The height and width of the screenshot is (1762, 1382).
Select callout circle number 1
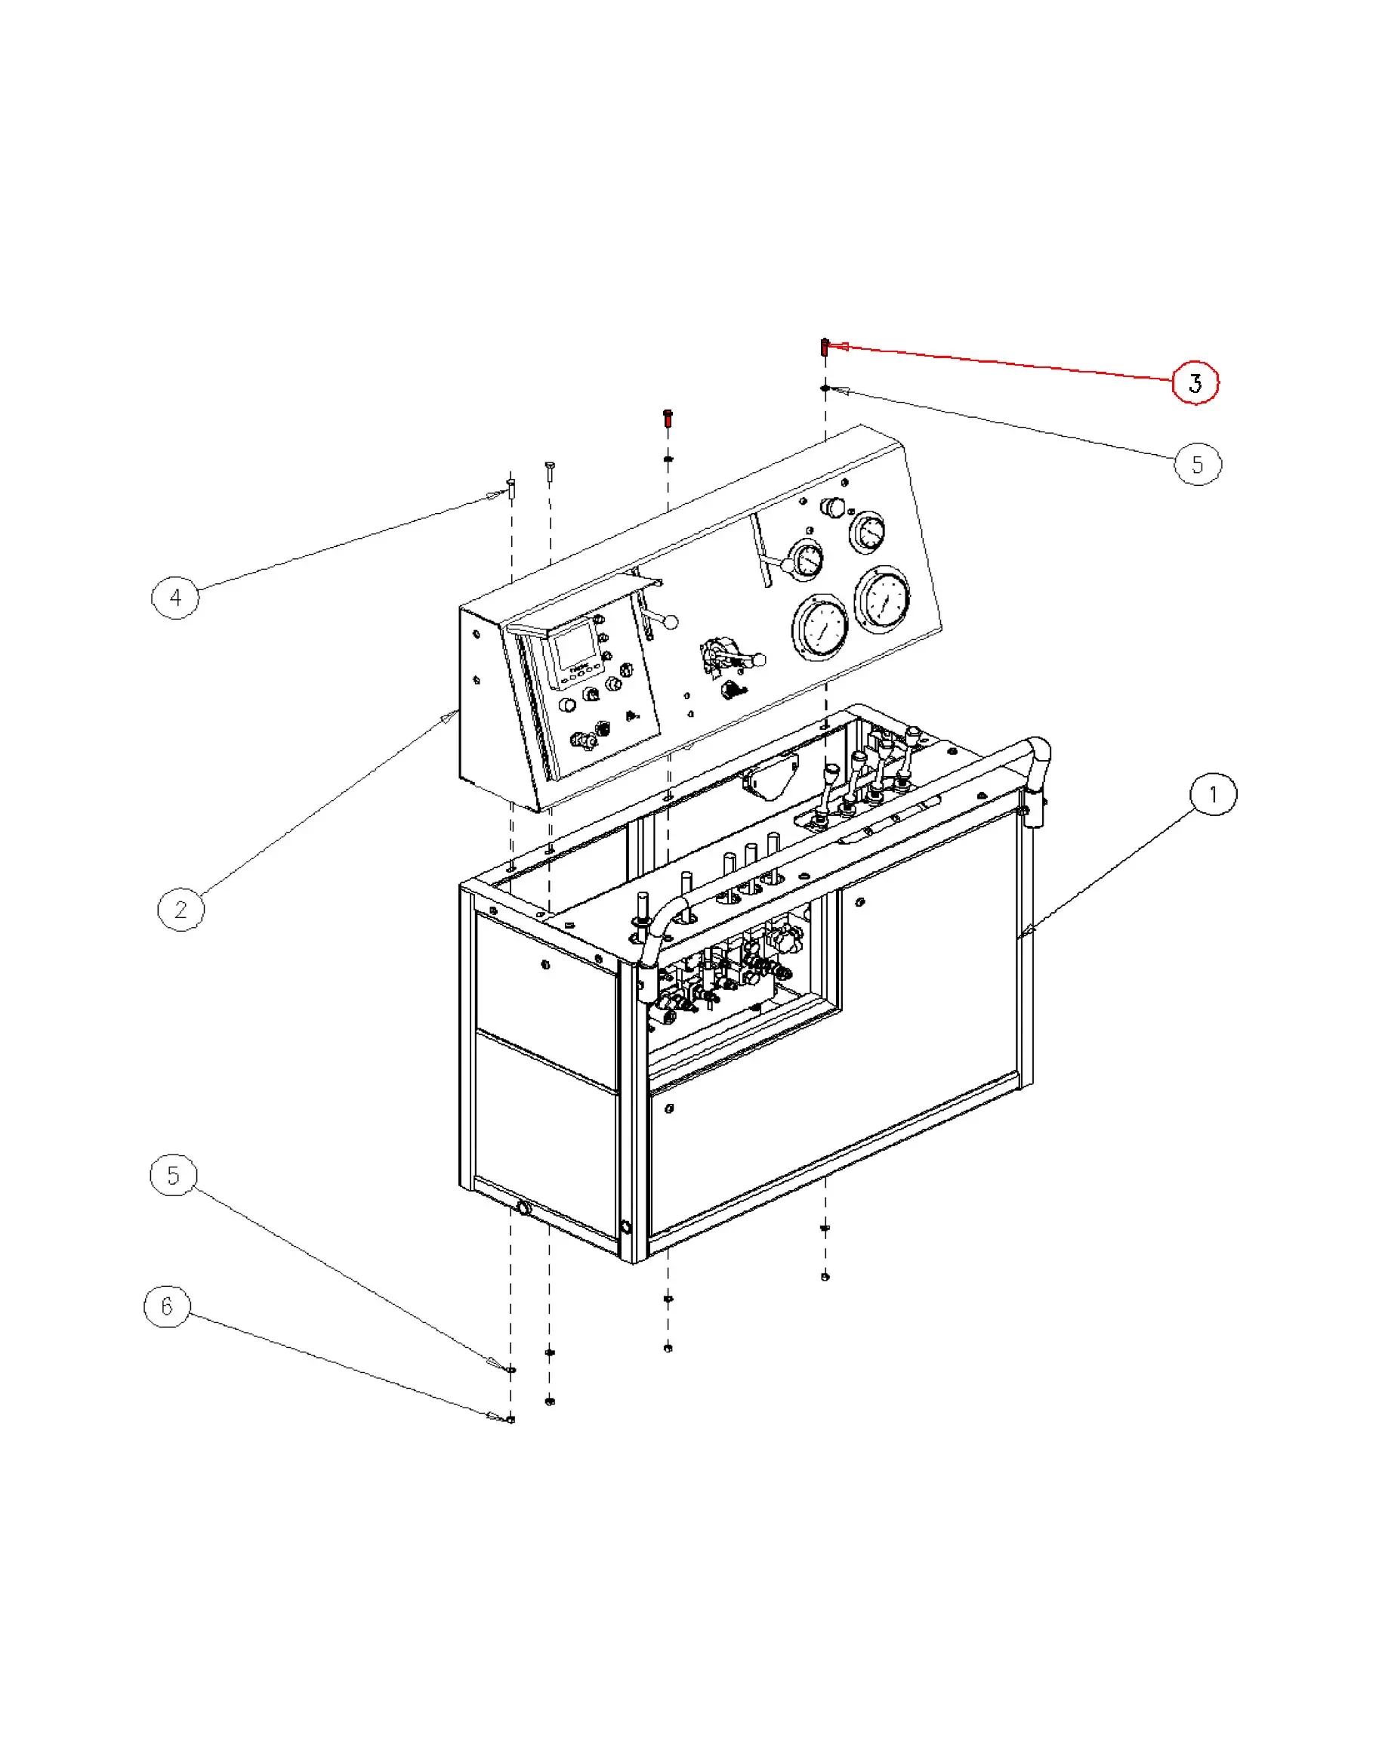[1212, 794]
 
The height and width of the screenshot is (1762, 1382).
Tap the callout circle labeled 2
[180, 909]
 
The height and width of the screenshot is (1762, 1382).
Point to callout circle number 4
[175, 598]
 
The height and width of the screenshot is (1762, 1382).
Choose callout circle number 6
[167, 1306]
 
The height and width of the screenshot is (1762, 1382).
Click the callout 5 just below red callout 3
[1197, 464]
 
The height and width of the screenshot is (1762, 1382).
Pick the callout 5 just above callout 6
[173, 1175]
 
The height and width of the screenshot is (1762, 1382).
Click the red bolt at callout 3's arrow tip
[825, 348]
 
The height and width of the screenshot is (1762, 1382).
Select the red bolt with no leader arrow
[668, 418]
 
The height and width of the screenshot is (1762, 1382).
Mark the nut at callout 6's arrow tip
[511, 1419]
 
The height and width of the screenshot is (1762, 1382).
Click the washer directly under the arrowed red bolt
[825, 388]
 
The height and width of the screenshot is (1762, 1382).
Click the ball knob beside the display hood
[670, 623]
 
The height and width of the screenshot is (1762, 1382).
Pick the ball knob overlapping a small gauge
[786, 565]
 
